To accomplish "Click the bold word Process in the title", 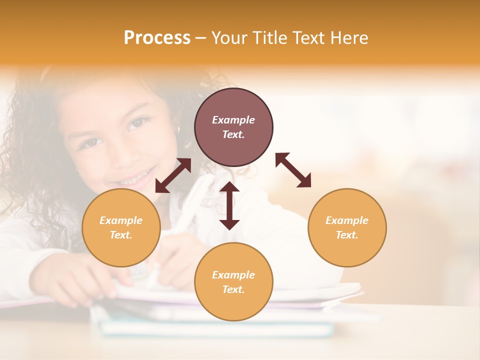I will pyautogui.click(x=157, y=38).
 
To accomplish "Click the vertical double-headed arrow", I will pyautogui.click(x=229, y=205).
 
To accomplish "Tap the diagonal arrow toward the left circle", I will pyautogui.click(x=173, y=175).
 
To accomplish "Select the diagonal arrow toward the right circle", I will pyautogui.click(x=293, y=170).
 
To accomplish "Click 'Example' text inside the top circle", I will pyautogui.click(x=233, y=120).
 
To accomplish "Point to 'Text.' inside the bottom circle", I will pyautogui.click(x=233, y=289).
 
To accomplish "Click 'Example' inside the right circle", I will pyautogui.click(x=347, y=220).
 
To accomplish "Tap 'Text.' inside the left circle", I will pyautogui.click(x=121, y=235).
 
